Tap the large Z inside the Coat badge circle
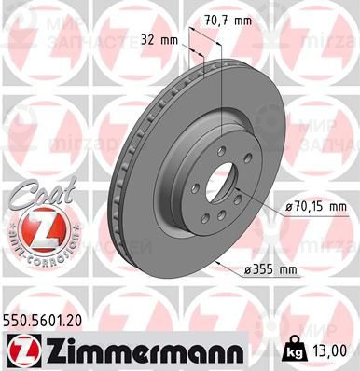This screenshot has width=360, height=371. click(x=38, y=228)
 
